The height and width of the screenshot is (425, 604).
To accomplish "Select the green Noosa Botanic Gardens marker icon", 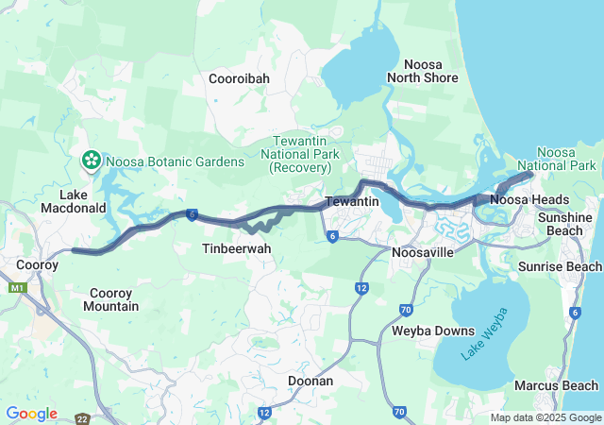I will coord(92,161).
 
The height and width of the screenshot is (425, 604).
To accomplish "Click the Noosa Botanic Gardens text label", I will coord(176,161).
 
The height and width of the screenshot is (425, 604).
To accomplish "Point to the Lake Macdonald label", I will coord(67,201).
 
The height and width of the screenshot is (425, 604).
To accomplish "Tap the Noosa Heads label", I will coord(529,199).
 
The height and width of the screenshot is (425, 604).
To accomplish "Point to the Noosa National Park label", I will coord(569,160).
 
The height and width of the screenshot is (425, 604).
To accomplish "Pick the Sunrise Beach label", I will coord(559,266).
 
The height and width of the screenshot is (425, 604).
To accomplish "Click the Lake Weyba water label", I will coord(484,335).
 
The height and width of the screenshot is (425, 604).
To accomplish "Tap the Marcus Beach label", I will coord(556,385).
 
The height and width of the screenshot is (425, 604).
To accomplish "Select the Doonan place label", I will coord(310,381).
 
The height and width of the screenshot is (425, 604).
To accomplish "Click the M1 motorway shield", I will coord(17,287).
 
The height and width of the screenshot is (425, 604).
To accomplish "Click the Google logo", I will coord(31,414).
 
